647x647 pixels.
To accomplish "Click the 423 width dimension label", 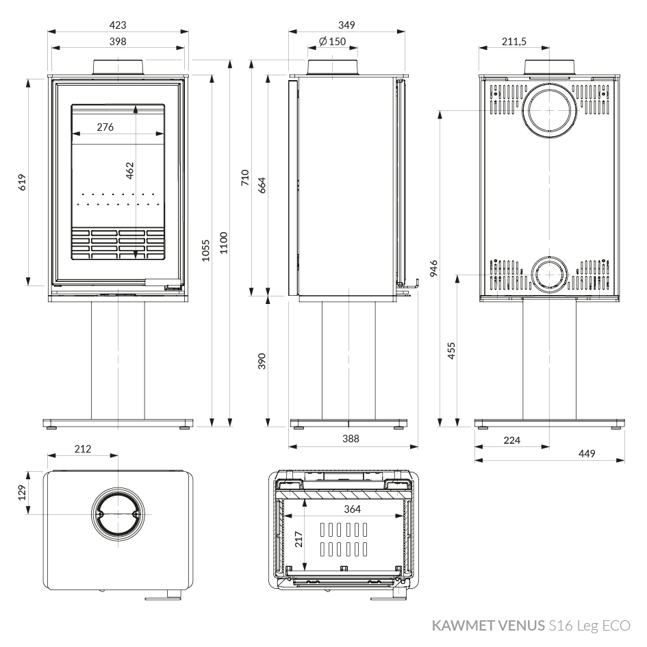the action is coord(118,25).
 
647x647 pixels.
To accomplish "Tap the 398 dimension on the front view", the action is coord(118,42).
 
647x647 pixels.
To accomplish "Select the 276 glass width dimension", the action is coord(105,127).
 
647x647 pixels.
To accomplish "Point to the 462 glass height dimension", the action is coord(129,170).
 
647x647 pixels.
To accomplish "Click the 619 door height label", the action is coord(22,182).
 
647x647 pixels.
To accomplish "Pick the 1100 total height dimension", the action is coord(223,242).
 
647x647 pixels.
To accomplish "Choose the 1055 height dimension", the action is coord(206,250).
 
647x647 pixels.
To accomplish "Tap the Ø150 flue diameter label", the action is coord(333,42).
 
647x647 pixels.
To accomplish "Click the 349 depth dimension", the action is coord(346,25).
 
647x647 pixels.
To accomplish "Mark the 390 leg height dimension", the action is coord(262,361).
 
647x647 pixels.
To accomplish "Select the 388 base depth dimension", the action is coord(351,439).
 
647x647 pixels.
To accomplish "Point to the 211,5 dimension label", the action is coord(514,42).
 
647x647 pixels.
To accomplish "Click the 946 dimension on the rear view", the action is coord(433,268).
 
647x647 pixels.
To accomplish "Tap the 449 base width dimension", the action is coord(587,453).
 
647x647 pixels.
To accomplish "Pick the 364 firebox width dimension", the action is coord(353,509).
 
